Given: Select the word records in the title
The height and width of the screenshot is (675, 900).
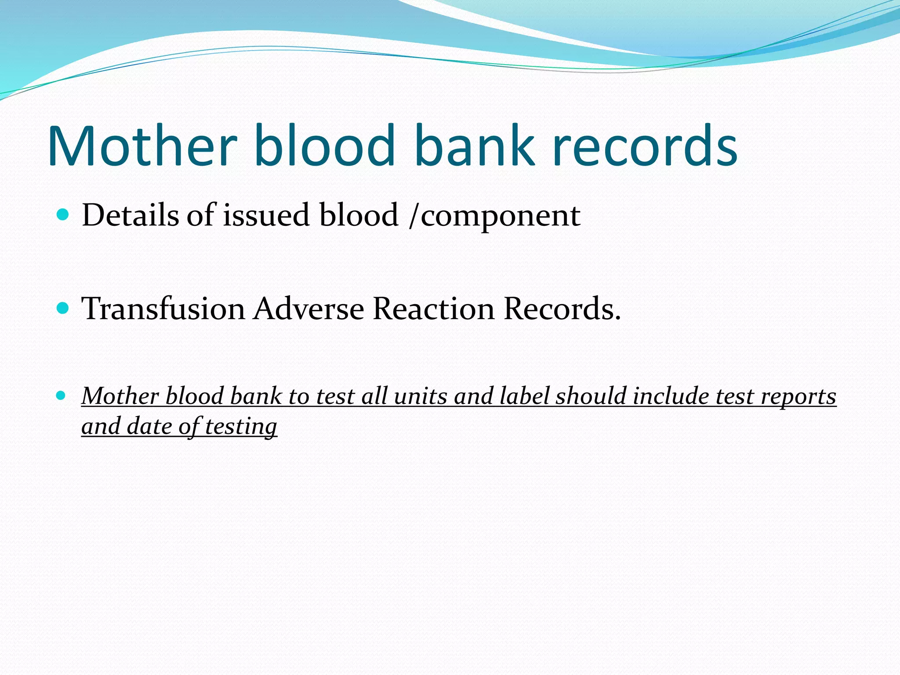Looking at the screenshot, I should click(x=645, y=146).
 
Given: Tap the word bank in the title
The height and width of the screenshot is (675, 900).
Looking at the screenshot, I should click(x=475, y=146).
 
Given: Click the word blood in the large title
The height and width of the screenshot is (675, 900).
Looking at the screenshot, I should click(x=324, y=146).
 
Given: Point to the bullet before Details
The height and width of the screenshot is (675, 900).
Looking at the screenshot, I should click(x=63, y=215).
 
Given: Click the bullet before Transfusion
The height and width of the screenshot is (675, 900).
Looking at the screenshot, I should click(x=63, y=308).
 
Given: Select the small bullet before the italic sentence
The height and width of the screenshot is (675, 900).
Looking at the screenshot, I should click(x=61, y=396).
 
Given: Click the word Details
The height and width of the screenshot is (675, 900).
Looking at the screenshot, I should click(x=130, y=215).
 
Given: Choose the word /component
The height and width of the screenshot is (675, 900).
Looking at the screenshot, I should click(x=494, y=216).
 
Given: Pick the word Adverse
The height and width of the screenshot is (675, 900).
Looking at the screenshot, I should click(x=309, y=308).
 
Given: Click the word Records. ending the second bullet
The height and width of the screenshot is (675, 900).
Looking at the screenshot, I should click(x=562, y=308).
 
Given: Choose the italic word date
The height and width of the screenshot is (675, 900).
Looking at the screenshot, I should click(x=149, y=426).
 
